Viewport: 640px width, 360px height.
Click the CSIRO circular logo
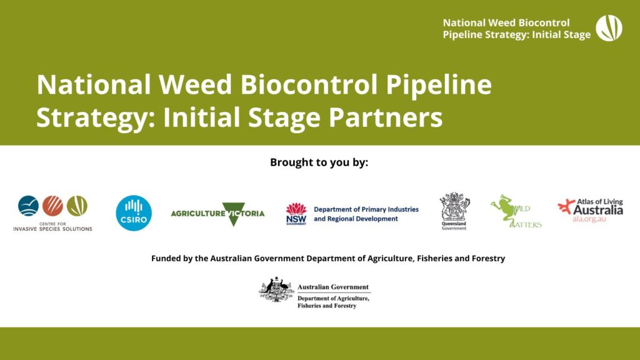[134, 213]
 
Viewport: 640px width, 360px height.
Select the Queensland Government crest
[454, 207]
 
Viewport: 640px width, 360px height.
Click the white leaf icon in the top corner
[609, 28]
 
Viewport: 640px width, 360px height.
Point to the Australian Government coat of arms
[277, 290]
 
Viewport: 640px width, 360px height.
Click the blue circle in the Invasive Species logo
[29, 206]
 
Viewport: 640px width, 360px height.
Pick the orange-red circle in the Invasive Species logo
[53, 206]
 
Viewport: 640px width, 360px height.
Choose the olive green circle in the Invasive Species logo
[77, 206]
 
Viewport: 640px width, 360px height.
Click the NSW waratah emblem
[296, 209]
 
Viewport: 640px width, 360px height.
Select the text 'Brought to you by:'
[319, 162]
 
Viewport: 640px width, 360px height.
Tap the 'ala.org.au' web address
[589, 220]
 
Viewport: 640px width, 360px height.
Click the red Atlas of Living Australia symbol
[567, 207]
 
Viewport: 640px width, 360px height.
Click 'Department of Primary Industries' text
[366, 209]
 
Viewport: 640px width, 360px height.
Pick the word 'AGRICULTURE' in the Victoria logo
[198, 214]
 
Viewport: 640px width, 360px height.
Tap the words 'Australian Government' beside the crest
[333, 287]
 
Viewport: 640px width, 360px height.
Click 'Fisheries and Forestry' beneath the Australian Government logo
[327, 306]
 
